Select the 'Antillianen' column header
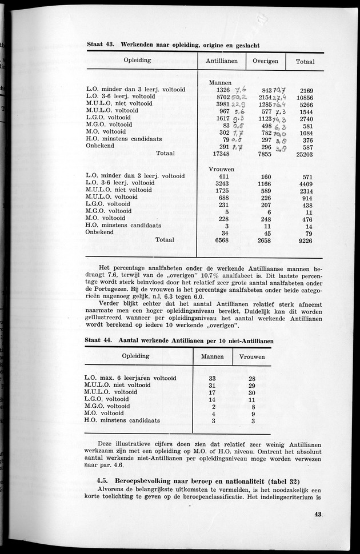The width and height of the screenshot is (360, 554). [x=221, y=61]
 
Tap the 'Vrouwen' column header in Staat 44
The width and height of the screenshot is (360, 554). [x=251, y=356]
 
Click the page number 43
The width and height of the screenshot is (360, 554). [x=318, y=529]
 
